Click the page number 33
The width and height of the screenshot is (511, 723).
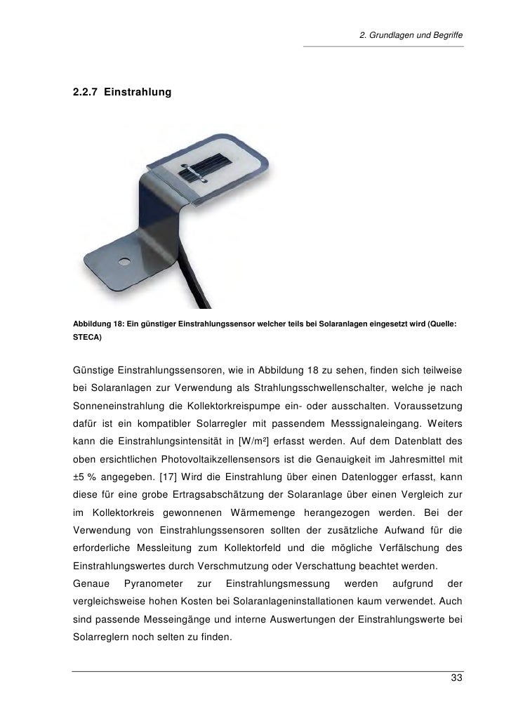click(x=456, y=679)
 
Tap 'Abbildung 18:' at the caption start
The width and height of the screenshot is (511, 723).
click(x=98, y=323)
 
